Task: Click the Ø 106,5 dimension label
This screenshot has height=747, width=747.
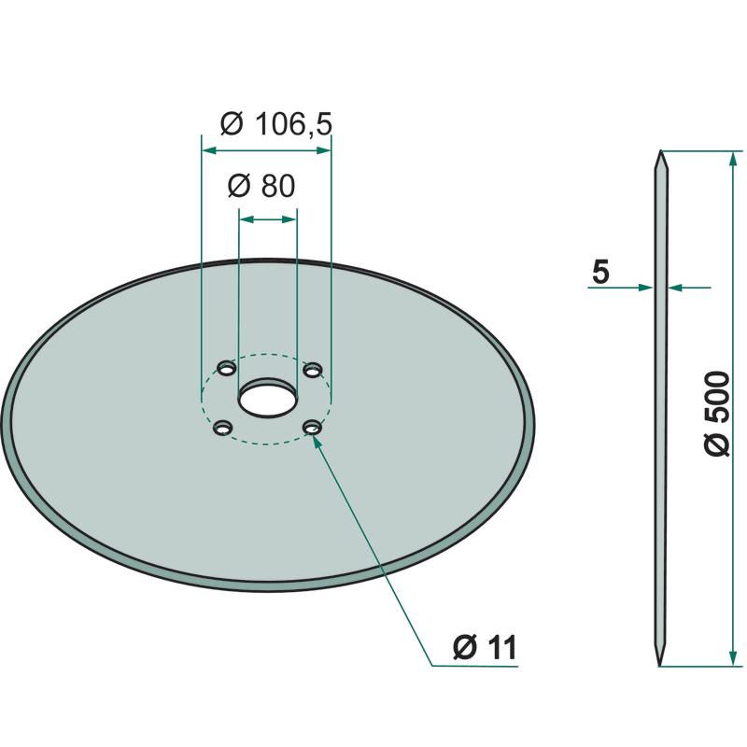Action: [275, 125]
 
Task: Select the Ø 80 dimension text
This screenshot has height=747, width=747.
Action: [261, 186]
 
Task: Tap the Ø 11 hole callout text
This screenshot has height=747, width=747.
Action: [485, 647]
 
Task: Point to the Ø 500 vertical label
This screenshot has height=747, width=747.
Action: [716, 414]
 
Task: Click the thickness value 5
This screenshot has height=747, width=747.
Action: [600, 272]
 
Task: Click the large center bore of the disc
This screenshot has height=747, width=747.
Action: [267, 396]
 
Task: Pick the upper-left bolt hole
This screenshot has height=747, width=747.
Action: [227, 368]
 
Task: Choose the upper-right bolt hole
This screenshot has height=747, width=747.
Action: [313, 370]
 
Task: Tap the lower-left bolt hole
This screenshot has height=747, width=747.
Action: [223, 428]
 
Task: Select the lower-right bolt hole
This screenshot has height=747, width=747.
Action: [313, 428]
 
